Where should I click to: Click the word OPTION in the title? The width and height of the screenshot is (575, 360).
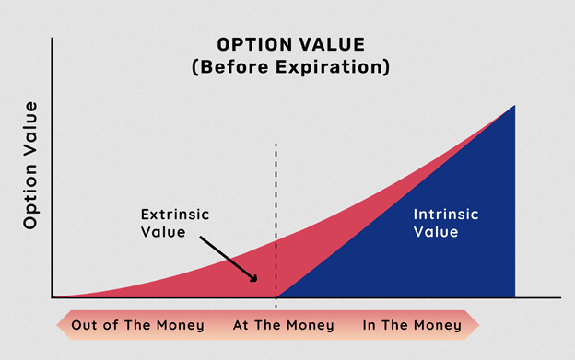pyautogui.click(x=250, y=44)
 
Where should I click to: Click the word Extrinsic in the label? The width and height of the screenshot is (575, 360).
pyautogui.click(x=176, y=215)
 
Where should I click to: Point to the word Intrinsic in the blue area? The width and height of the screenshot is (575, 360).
pyautogui.click(x=444, y=215)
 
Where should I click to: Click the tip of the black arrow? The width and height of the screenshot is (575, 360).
pyautogui.click(x=258, y=281)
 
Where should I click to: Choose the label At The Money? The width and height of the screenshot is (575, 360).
pyautogui.click(x=276, y=325)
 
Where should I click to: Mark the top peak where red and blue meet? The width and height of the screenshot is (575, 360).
pyautogui.click(x=514, y=106)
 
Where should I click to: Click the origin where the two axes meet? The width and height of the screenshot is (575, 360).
pyautogui.click(x=53, y=297)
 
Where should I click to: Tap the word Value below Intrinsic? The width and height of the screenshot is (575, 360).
pyautogui.click(x=435, y=232)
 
